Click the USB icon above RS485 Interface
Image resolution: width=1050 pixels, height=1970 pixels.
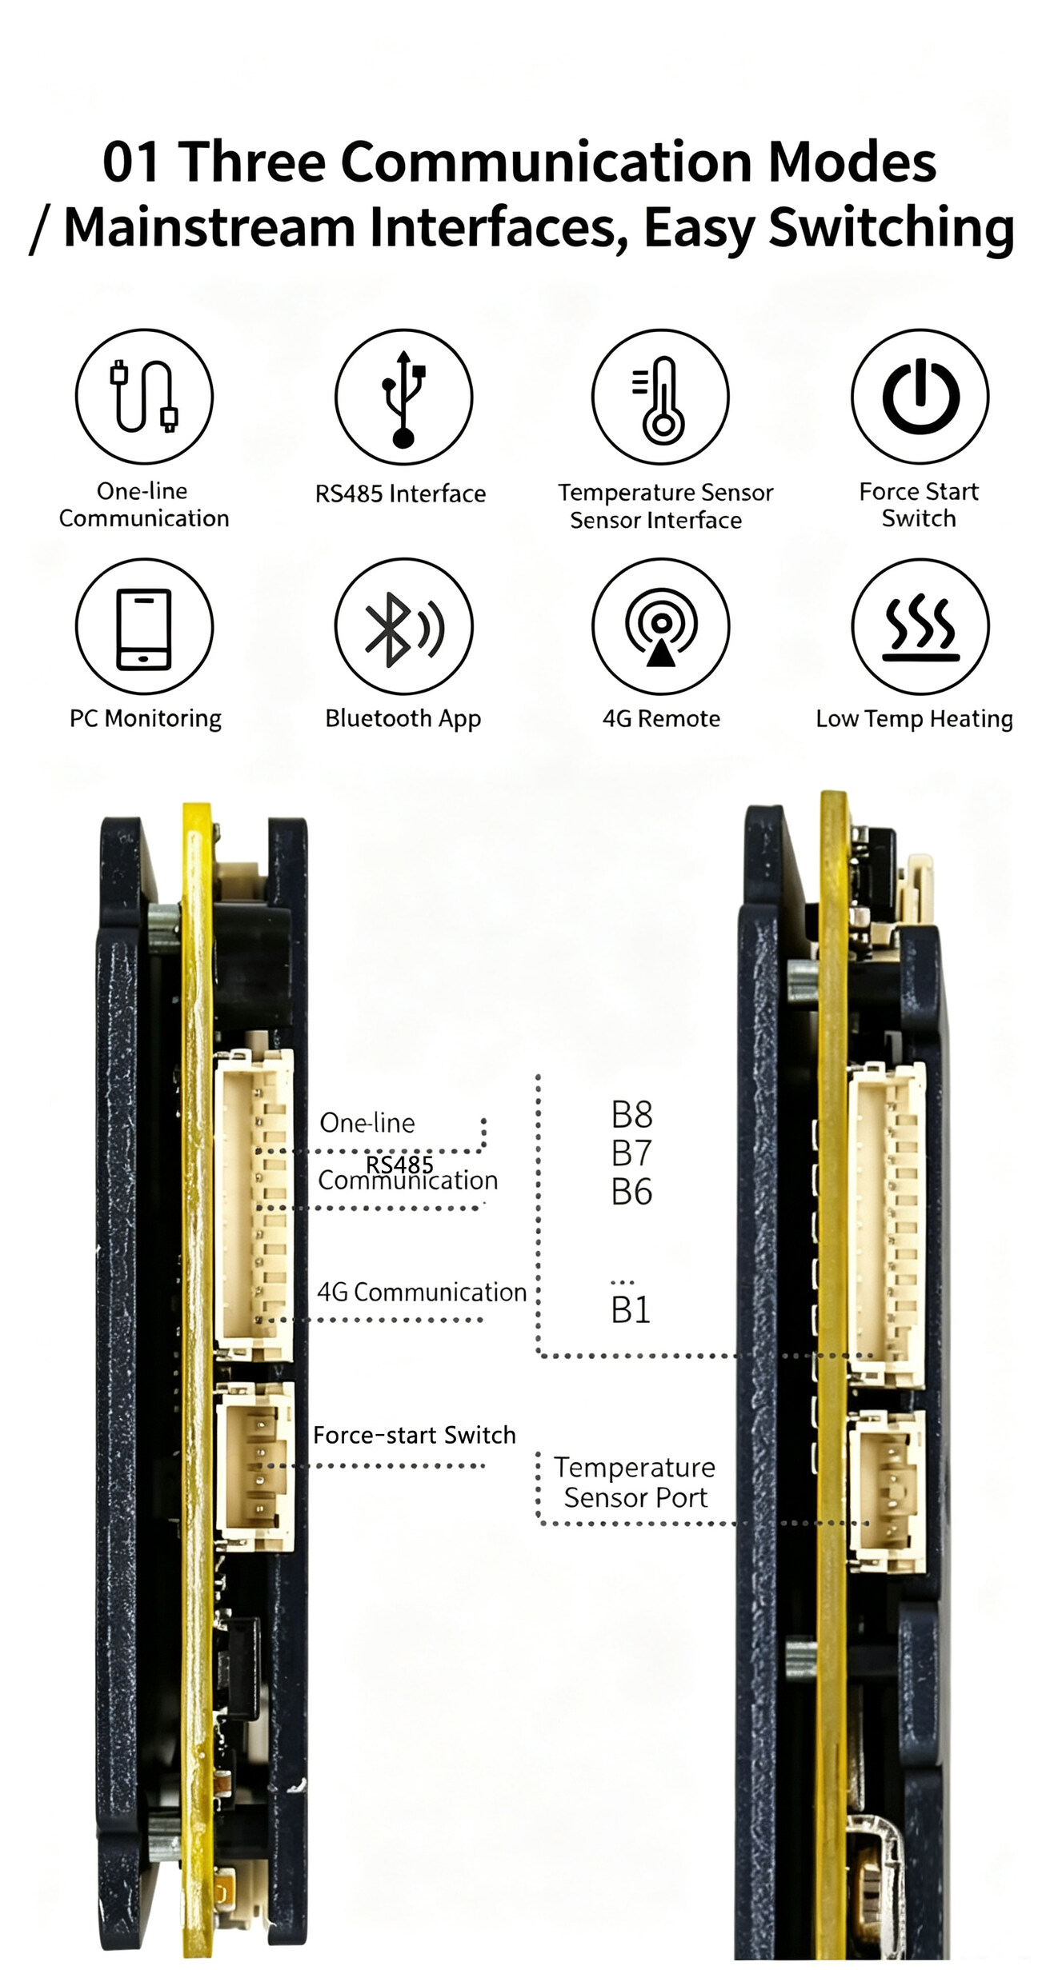pyautogui.click(x=404, y=398)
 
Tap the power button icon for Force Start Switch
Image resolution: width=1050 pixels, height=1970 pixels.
pyautogui.click(x=920, y=397)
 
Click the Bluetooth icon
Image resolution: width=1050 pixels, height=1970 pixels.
pyautogui.click(x=403, y=629)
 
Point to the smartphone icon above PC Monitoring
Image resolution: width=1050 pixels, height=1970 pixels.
pyautogui.click(x=144, y=629)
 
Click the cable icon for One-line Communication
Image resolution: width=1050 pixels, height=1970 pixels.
pyautogui.click(x=144, y=396)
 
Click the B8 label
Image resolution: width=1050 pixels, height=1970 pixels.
pyautogui.click(x=631, y=1114)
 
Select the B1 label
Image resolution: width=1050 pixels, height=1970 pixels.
pyautogui.click(x=631, y=1310)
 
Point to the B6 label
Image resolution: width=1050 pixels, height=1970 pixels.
pyautogui.click(x=631, y=1192)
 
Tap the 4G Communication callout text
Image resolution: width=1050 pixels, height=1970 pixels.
pyautogui.click(x=422, y=1292)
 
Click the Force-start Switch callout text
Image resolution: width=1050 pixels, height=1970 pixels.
pyautogui.click(x=415, y=1435)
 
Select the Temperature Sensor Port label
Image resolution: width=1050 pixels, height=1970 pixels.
pyautogui.click(x=635, y=1482)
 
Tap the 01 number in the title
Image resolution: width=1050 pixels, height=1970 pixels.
pyautogui.click(x=132, y=162)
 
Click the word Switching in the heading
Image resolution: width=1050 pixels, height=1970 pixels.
pyautogui.click(x=892, y=229)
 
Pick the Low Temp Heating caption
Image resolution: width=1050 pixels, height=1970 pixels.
pyautogui.click(x=914, y=719)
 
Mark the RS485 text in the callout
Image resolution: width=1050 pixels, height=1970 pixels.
pyautogui.click(x=399, y=1164)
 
